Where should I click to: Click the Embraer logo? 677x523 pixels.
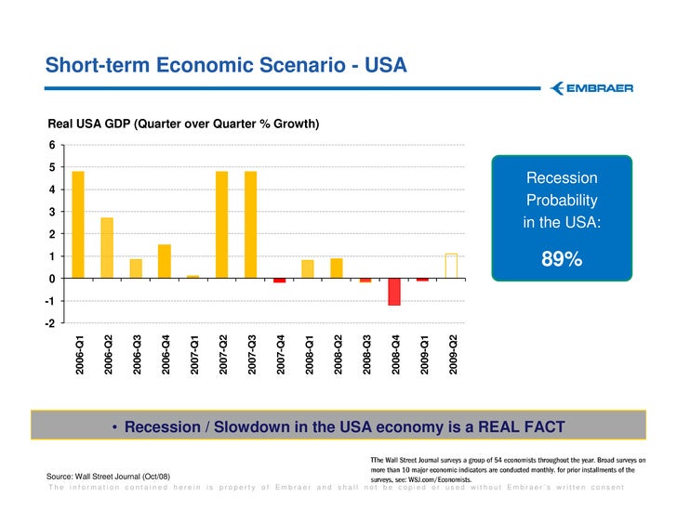point(591,88)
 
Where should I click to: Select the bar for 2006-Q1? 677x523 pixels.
point(78,224)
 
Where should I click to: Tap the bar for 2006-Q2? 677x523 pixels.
point(107,247)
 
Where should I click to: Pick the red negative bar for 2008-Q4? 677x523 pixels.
point(394,292)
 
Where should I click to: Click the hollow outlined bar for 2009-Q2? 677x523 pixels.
point(452,266)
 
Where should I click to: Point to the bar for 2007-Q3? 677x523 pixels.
point(251,224)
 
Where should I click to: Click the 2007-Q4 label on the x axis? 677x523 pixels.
point(280,356)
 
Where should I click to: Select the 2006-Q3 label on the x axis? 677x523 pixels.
point(136,356)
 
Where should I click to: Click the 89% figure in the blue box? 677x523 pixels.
point(562,259)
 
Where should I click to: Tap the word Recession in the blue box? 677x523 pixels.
point(562,177)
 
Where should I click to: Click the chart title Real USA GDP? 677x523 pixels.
point(183,123)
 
